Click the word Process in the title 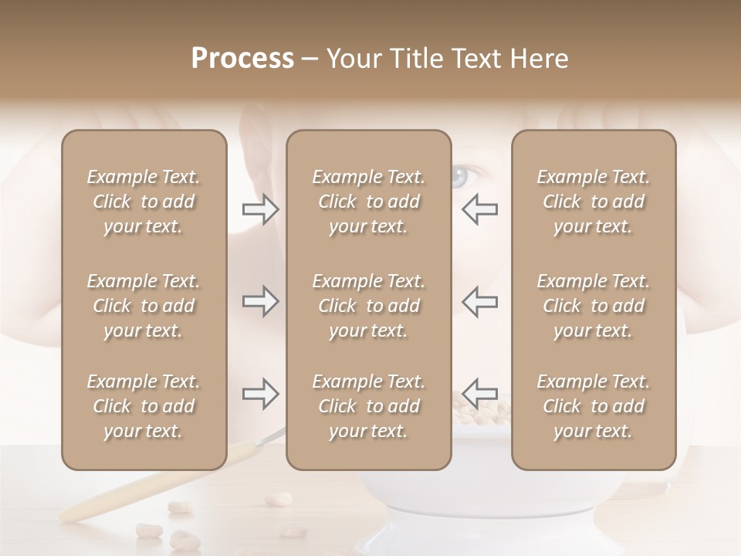[242, 59]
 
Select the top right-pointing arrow [261, 209]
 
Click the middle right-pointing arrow [261, 301]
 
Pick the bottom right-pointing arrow [261, 394]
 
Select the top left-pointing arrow [480, 209]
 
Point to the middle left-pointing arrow [480, 301]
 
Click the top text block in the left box [144, 202]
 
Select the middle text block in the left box [144, 306]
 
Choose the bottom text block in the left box [144, 406]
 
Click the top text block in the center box [368, 202]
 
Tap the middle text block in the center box [368, 306]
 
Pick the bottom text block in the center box [368, 406]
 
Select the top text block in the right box [593, 202]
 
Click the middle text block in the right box [593, 306]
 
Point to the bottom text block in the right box [593, 406]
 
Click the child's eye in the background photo [460, 176]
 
